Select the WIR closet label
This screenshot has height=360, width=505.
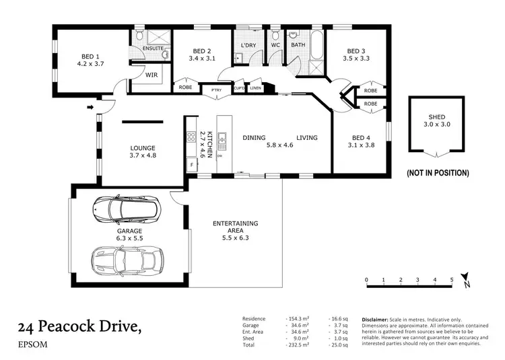coord(151,75)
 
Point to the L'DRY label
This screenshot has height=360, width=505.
coord(248,46)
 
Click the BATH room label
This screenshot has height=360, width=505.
coord(298,46)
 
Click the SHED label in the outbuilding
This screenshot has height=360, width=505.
coord(437,116)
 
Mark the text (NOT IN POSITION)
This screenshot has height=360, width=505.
coord(438,173)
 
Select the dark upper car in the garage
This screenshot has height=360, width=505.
coord(125,209)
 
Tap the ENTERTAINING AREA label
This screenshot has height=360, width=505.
coord(235,227)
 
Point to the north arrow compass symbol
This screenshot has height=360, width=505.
coord(466,284)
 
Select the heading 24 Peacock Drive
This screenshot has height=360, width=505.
coord(80,327)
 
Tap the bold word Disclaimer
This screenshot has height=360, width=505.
coord(376,319)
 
